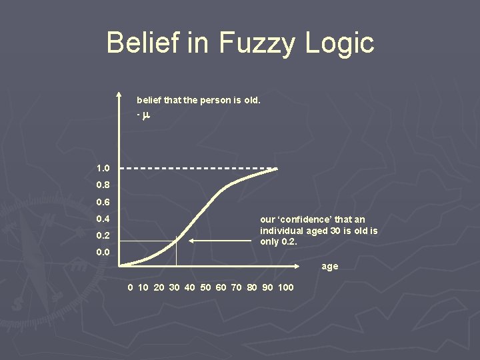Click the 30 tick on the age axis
(x=175, y=287)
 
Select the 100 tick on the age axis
(x=285, y=287)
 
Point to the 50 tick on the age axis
(x=205, y=287)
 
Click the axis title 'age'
(x=330, y=266)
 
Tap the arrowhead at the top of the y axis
(x=119, y=94)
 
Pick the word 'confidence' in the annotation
(x=305, y=219)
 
